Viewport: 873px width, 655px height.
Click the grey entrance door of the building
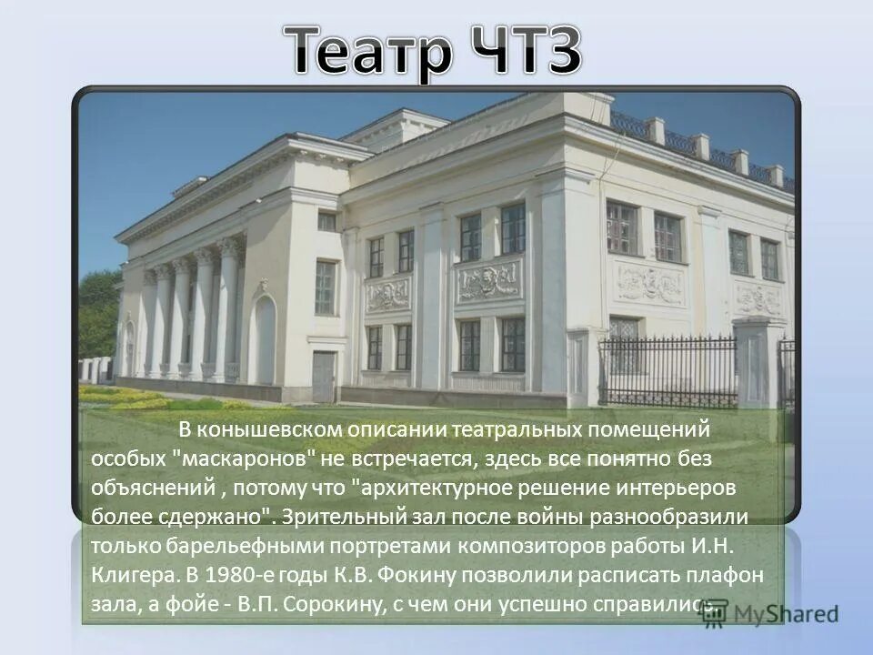coord(323,376)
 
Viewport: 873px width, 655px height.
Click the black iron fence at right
coord(668,371)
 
